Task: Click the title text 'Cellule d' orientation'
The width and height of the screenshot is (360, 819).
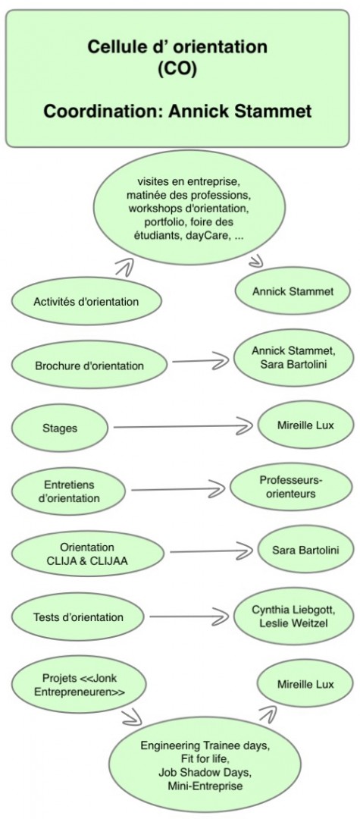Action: [x=177, y=47]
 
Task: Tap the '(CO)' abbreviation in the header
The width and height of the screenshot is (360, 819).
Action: [x=177, y=70]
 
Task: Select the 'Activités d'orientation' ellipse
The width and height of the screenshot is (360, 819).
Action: [x=86, y=301]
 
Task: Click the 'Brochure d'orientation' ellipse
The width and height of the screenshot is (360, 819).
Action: [x=89, y=366]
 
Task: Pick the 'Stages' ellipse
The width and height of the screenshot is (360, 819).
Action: [x=59, y=428]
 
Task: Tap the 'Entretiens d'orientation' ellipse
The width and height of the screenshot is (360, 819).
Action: [x=68, y=491]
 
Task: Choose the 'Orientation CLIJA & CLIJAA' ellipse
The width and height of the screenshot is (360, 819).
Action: [x=87, y=554]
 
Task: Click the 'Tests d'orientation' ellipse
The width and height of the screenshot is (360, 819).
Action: [x=78, y=617]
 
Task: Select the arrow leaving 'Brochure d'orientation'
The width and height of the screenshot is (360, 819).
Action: [x=201, y=360]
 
